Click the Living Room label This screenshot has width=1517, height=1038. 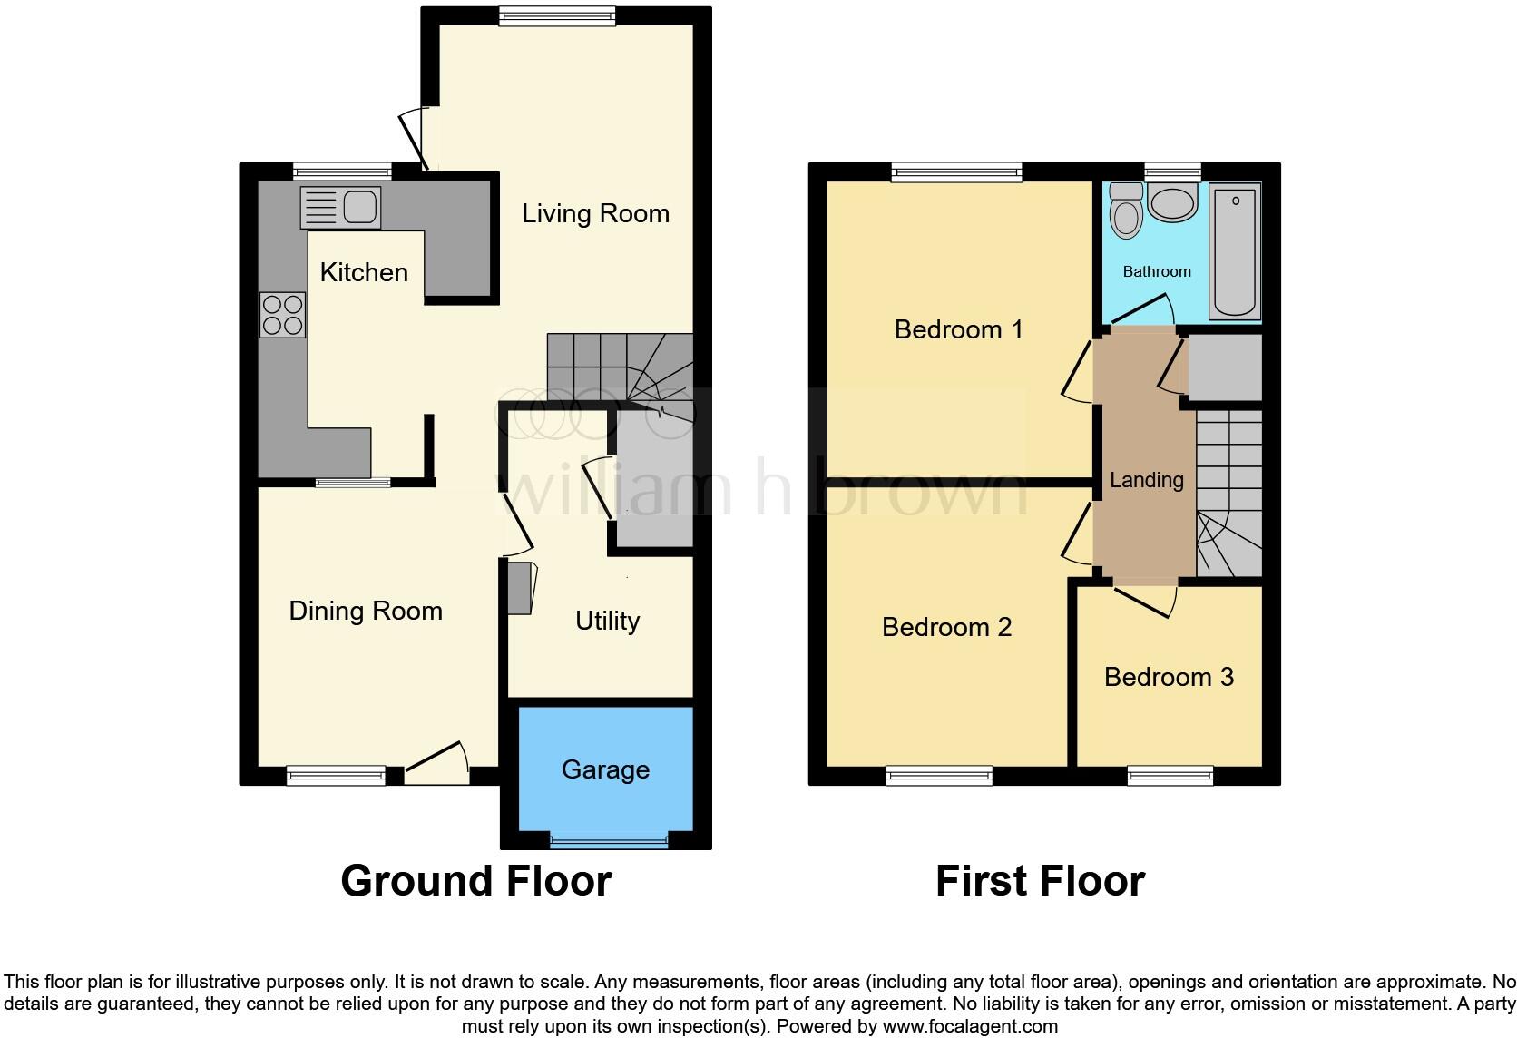tap(595, 214)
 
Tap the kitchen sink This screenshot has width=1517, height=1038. tap(340, 208)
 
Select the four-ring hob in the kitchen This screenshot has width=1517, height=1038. tap(282, 315)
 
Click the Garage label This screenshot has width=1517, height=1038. tap(605, 769)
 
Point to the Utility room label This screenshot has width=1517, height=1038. tap(607, 621)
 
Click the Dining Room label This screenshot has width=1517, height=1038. tap(366, 611)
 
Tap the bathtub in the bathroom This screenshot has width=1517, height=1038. tap(1234, 250)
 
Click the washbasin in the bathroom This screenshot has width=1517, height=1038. tap(1172, 202)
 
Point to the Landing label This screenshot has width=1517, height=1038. tap(1146, 480)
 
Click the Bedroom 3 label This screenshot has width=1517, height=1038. tap(1169, 677)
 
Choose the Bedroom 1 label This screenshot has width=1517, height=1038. tap(958, 329)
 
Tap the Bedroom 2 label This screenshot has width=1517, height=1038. tap(946, 627)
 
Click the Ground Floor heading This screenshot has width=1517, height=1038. tap(475, 881)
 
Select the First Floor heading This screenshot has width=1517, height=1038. tap(1040, 881)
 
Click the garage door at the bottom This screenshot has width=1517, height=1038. tap(608, 842)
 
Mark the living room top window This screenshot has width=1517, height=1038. tap(557, 15)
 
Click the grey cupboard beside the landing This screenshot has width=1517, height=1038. tap(1225, 367)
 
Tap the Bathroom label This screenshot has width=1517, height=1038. tap(1156, 271)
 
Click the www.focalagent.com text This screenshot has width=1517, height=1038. tap(969, 1026)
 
